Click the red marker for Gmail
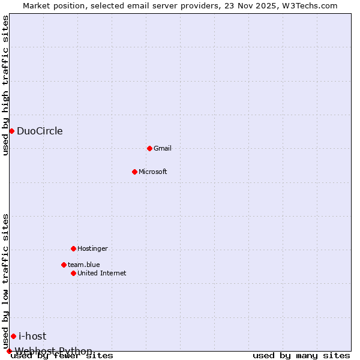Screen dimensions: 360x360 [149, 148]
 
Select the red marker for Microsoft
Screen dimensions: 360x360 [134, 172]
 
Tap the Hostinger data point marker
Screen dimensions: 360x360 [73, 248]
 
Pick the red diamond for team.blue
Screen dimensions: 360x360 [64, 265]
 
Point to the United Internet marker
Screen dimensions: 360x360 [73, 273]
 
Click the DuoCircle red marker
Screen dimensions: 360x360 [11, 131]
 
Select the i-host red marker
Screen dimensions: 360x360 [13, 336]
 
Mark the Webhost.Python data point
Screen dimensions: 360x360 [9, 351]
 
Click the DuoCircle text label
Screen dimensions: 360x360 [40, 131]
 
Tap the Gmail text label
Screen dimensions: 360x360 [163, 148]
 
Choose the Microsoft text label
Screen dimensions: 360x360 [153, 172]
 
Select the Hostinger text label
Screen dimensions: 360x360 [93, 248]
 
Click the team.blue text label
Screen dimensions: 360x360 [84, 265]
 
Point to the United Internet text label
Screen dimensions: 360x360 [102, 273]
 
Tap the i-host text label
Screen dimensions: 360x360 [32, 336]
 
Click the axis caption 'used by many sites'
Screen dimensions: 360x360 [301, 356]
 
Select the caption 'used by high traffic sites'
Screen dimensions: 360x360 [6, 85]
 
